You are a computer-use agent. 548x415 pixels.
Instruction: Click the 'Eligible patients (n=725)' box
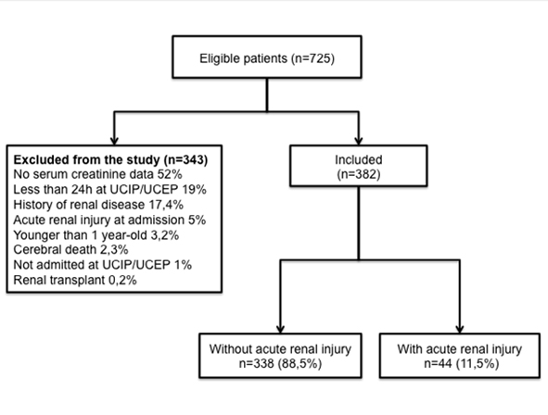tap(267, 57)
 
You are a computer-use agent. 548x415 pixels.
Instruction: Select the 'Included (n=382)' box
tap(358, 166)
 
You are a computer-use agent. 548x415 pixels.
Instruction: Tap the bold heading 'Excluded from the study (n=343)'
tap(110, 159)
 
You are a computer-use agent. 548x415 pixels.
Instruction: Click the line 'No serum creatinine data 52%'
tap(97, 174)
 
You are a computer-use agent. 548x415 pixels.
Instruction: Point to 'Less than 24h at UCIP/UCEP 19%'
tap(109, 189)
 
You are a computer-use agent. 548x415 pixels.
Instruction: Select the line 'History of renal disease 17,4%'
tap(98, 205)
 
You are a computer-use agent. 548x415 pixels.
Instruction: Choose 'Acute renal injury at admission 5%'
tap(109, 220)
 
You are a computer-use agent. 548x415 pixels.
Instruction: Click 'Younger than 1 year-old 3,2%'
tap(96, 235)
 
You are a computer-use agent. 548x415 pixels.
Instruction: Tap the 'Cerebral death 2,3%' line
tap(70, 249)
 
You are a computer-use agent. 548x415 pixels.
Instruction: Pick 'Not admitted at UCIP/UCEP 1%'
tap(102, 265)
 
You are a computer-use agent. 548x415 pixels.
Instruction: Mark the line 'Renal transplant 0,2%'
tap(75, 280)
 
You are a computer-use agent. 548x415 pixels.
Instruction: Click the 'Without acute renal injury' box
tap(280, 356)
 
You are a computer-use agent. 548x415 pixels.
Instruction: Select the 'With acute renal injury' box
tap(460, 356)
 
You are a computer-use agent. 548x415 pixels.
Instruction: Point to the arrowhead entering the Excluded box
tap(114, 140)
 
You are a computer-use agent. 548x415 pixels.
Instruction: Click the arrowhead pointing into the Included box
tap(358, 140)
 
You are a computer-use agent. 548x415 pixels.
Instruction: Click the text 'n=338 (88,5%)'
tap(280, 364)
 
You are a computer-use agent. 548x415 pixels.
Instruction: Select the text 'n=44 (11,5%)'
tap(462, 364)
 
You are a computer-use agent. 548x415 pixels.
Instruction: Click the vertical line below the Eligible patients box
tap(267, 94)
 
